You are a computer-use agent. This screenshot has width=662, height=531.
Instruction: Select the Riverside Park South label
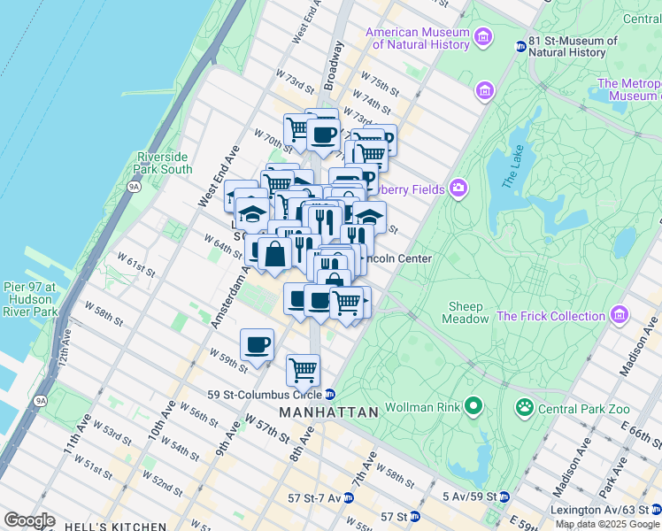click(x=164, y=163)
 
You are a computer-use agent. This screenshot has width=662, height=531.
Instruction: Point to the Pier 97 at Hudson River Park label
click(x=30, y=299)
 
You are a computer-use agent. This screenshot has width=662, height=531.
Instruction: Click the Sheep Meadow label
click(x=466, y=312)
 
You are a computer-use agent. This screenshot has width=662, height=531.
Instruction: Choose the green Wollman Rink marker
click(x=473, y=406)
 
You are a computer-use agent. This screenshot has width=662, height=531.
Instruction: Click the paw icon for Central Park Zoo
click(x=525, y=407)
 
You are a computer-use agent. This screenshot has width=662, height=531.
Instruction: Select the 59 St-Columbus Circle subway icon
click(x=329, y=394)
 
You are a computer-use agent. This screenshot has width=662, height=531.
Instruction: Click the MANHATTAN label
click(x=328, y=412)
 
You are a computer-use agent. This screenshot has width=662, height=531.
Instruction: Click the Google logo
click(x=29, y=520)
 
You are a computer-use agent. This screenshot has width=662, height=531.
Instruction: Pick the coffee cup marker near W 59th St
click(x=257, y=345)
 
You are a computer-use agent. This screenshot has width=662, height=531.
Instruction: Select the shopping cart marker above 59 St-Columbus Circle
click(x=303, y=368)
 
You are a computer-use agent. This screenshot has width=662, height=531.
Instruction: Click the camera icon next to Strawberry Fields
click(x=458, y=187)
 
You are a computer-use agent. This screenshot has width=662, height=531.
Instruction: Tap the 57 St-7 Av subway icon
click(x=348, y=498)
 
